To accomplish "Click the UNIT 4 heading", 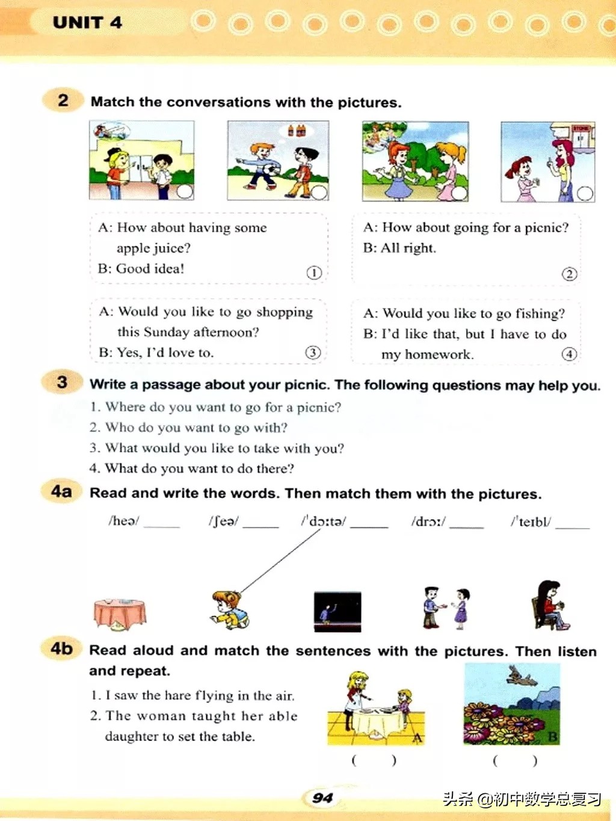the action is pos(87,22).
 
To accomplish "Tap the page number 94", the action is pos(322,798).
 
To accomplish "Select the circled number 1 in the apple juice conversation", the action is pos(314,272).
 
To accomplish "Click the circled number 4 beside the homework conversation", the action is pos(569,354).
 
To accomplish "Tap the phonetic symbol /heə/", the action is pos(124,521).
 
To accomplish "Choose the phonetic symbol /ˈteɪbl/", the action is pos(531,521).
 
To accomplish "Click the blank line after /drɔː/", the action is pos(466,527).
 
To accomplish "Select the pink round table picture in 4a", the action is pos(120,614).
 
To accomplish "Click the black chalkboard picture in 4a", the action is pos(337,612).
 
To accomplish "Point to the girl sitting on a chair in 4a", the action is pos(550,606).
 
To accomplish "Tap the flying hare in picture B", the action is pos(522,675).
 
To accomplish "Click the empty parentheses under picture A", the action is pos(374,760).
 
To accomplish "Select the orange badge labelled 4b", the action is pos(61,648).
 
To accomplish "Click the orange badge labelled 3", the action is pos(62,382).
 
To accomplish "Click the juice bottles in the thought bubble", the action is pos(297,131).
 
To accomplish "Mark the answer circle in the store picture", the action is pos(585,194).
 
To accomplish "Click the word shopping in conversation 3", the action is pos(285,312).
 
